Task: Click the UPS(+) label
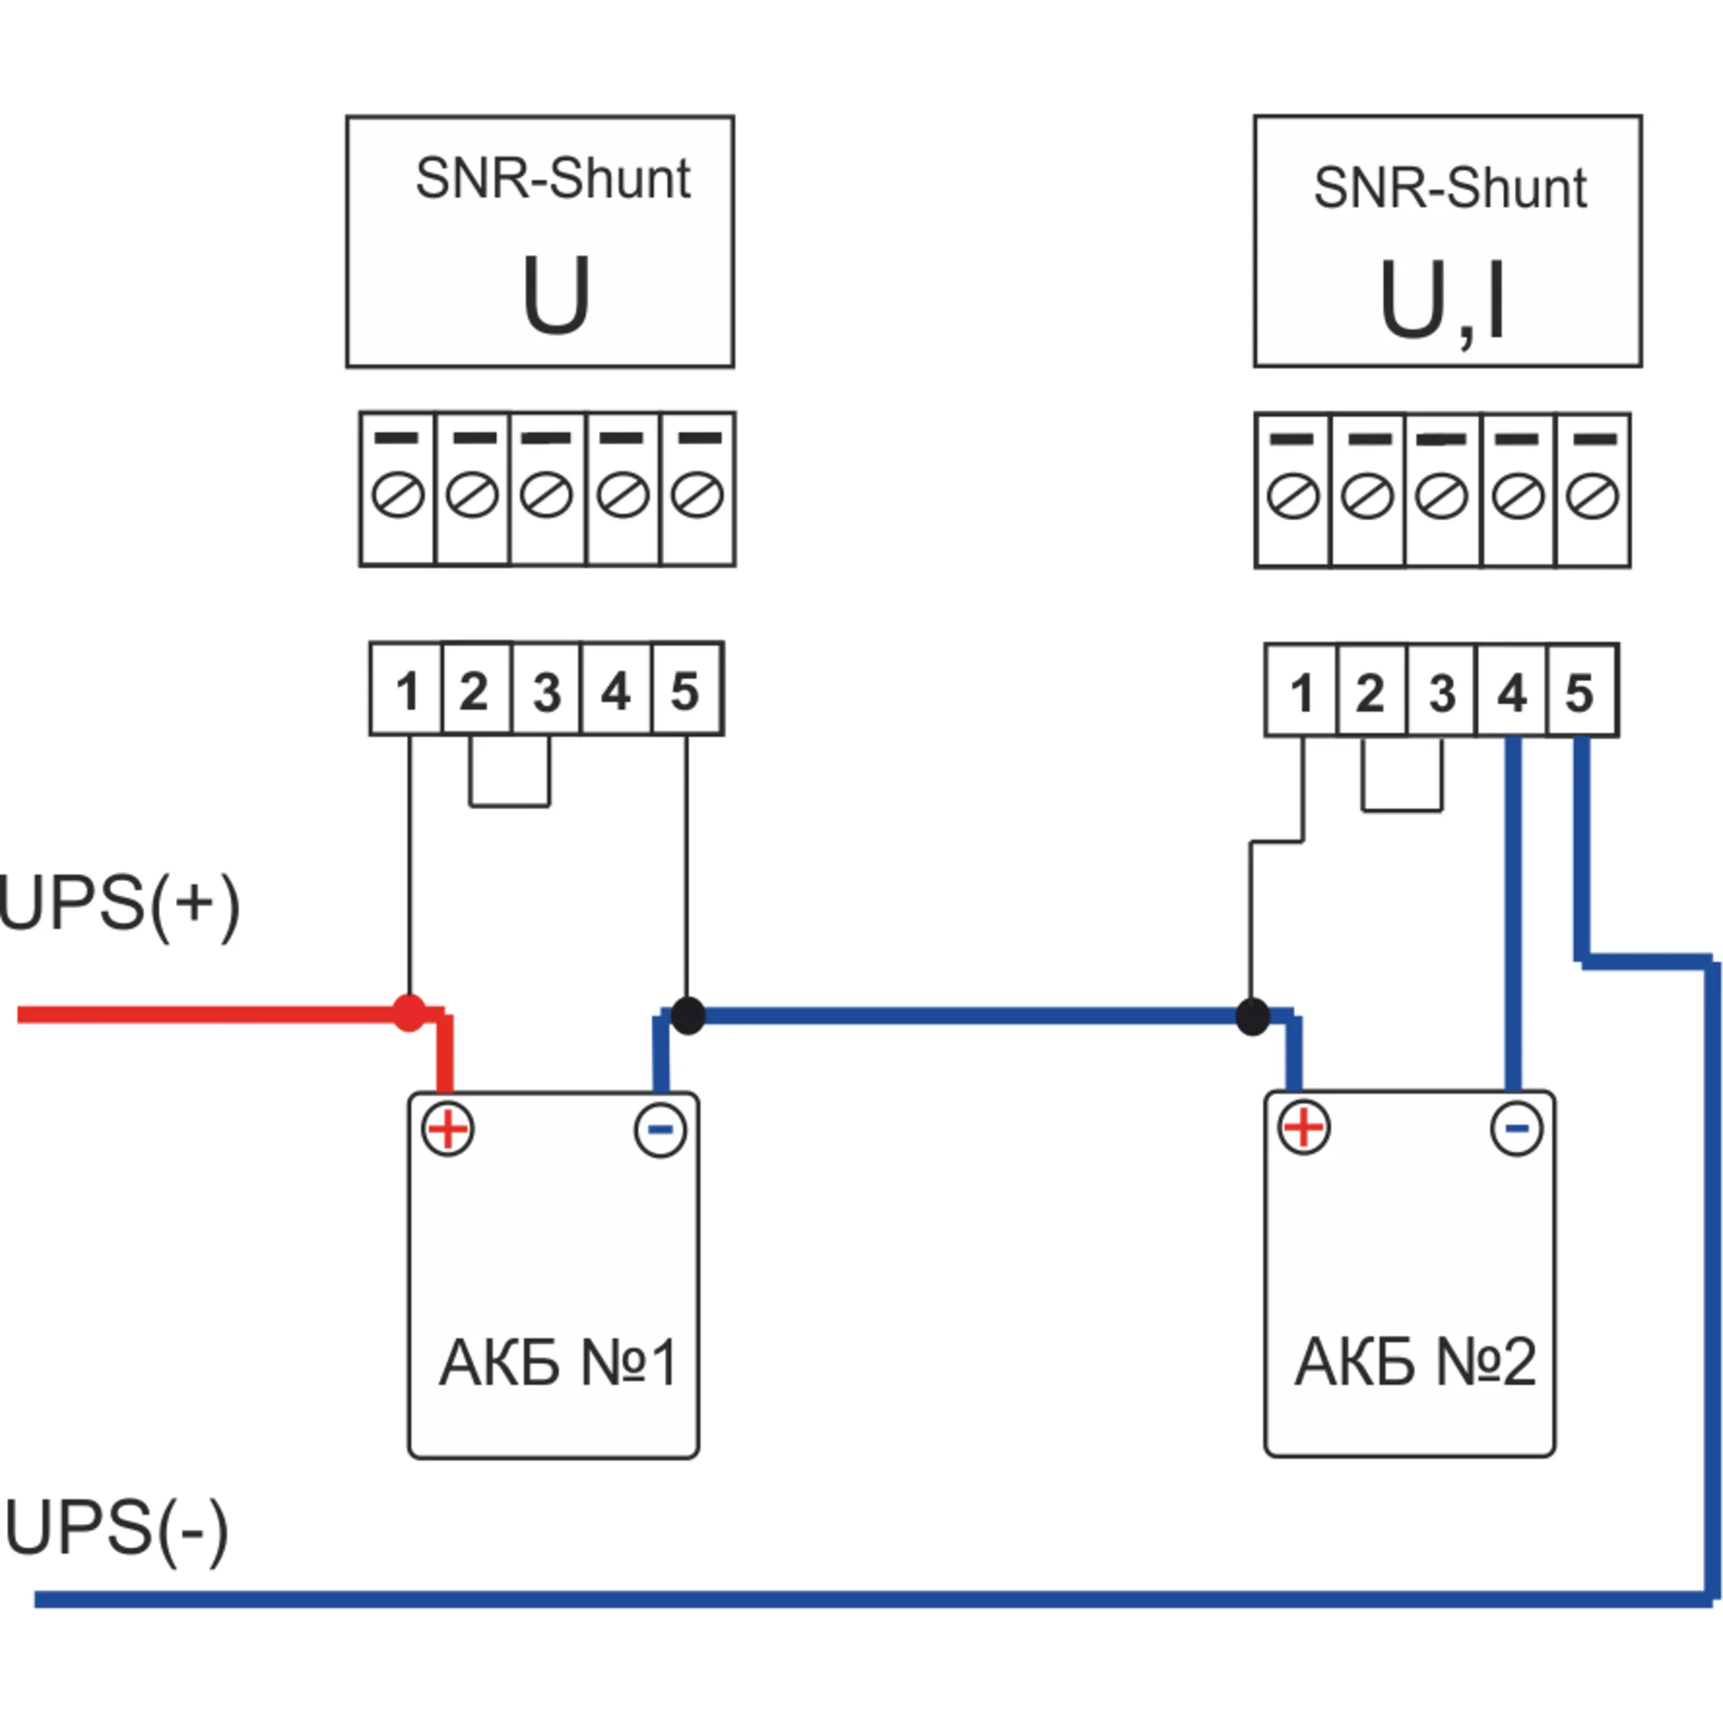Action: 119,905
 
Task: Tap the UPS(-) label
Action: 117,1529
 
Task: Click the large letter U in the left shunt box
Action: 556,294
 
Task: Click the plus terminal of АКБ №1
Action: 448,1129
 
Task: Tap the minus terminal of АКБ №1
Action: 660,1130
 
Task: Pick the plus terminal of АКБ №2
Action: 1304,1127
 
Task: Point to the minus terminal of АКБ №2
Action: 1517,1128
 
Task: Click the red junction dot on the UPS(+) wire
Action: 409,1013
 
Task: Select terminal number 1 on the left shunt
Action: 407,689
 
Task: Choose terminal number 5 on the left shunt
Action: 686,689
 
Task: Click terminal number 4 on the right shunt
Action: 1512,691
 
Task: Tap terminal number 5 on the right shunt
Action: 1581,691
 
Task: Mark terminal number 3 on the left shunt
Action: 547,689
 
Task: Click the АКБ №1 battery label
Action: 557,1363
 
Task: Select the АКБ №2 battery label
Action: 1415,1361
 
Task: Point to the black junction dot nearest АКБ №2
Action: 1253,1017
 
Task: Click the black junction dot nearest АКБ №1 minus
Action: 687,1015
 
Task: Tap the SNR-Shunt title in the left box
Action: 553,179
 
